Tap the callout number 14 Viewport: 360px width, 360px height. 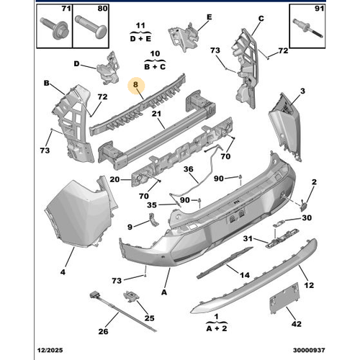(246, 274)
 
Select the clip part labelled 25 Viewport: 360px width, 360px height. (133, 296)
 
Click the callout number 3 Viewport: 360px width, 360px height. (302, 91)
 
